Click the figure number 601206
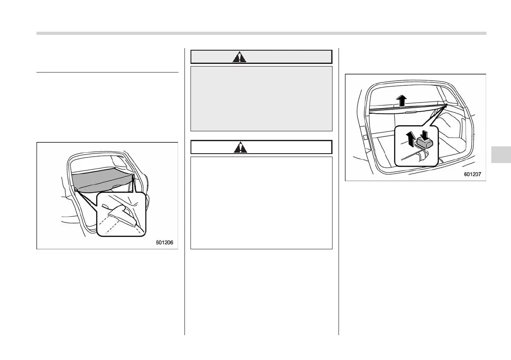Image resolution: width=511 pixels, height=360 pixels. [165, 243]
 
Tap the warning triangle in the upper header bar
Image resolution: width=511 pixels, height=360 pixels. [239, 57]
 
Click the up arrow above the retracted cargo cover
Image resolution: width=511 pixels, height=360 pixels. [401, 101]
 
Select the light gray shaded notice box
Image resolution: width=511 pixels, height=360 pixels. [261, 98]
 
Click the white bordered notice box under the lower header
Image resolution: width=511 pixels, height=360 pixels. [261, 203]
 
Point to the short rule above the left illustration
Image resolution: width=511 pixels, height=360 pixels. [107, 73]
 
